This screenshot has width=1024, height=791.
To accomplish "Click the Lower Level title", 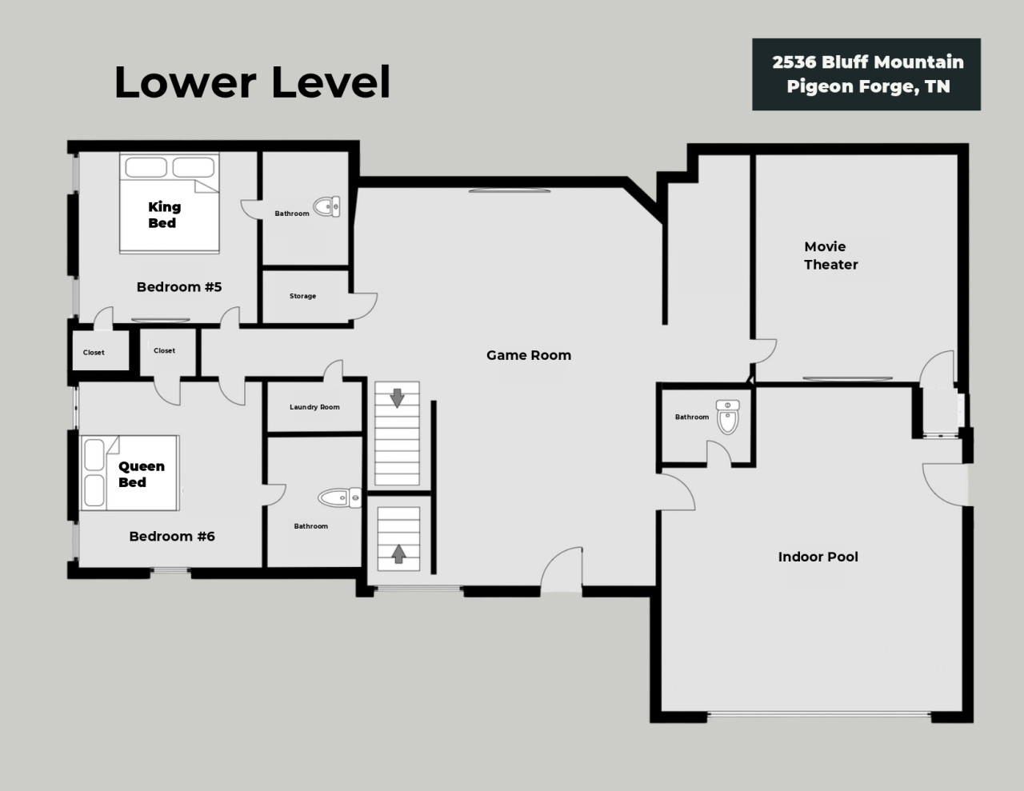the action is (x=252, y=82).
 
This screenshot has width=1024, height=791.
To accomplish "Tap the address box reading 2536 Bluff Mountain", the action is (x=866, y=74).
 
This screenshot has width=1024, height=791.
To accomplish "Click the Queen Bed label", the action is (x=142, y=474).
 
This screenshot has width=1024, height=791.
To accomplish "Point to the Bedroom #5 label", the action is (x=179, y=287).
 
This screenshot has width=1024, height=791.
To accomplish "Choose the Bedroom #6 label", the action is (x=172, y=536).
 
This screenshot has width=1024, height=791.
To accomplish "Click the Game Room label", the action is (x=529, y=355).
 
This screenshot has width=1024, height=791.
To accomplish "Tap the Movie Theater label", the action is (x=830, y=255).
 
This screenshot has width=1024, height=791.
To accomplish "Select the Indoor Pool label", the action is (x=818, y=557).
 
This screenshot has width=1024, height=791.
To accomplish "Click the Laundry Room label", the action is (x=314, y=407).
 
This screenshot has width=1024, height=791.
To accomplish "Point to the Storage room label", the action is (x=302, y=296).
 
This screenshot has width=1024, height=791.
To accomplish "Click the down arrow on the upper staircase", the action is (x=398, y=398).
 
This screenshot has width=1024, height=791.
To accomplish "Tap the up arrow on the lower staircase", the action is (x=398, y=553).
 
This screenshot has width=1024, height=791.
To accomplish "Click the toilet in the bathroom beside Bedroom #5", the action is (x=326, y=206).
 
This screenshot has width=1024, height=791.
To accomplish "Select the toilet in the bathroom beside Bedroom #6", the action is (x=340, y=498).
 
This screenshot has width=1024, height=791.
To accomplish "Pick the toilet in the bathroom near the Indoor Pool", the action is (x=727, y=417).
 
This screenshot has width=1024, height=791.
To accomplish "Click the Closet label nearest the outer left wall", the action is (x=94, y=353).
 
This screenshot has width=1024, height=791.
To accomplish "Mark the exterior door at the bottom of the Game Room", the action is (x=562, y=569).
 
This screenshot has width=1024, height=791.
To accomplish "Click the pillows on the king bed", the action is (x=170, y=167).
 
